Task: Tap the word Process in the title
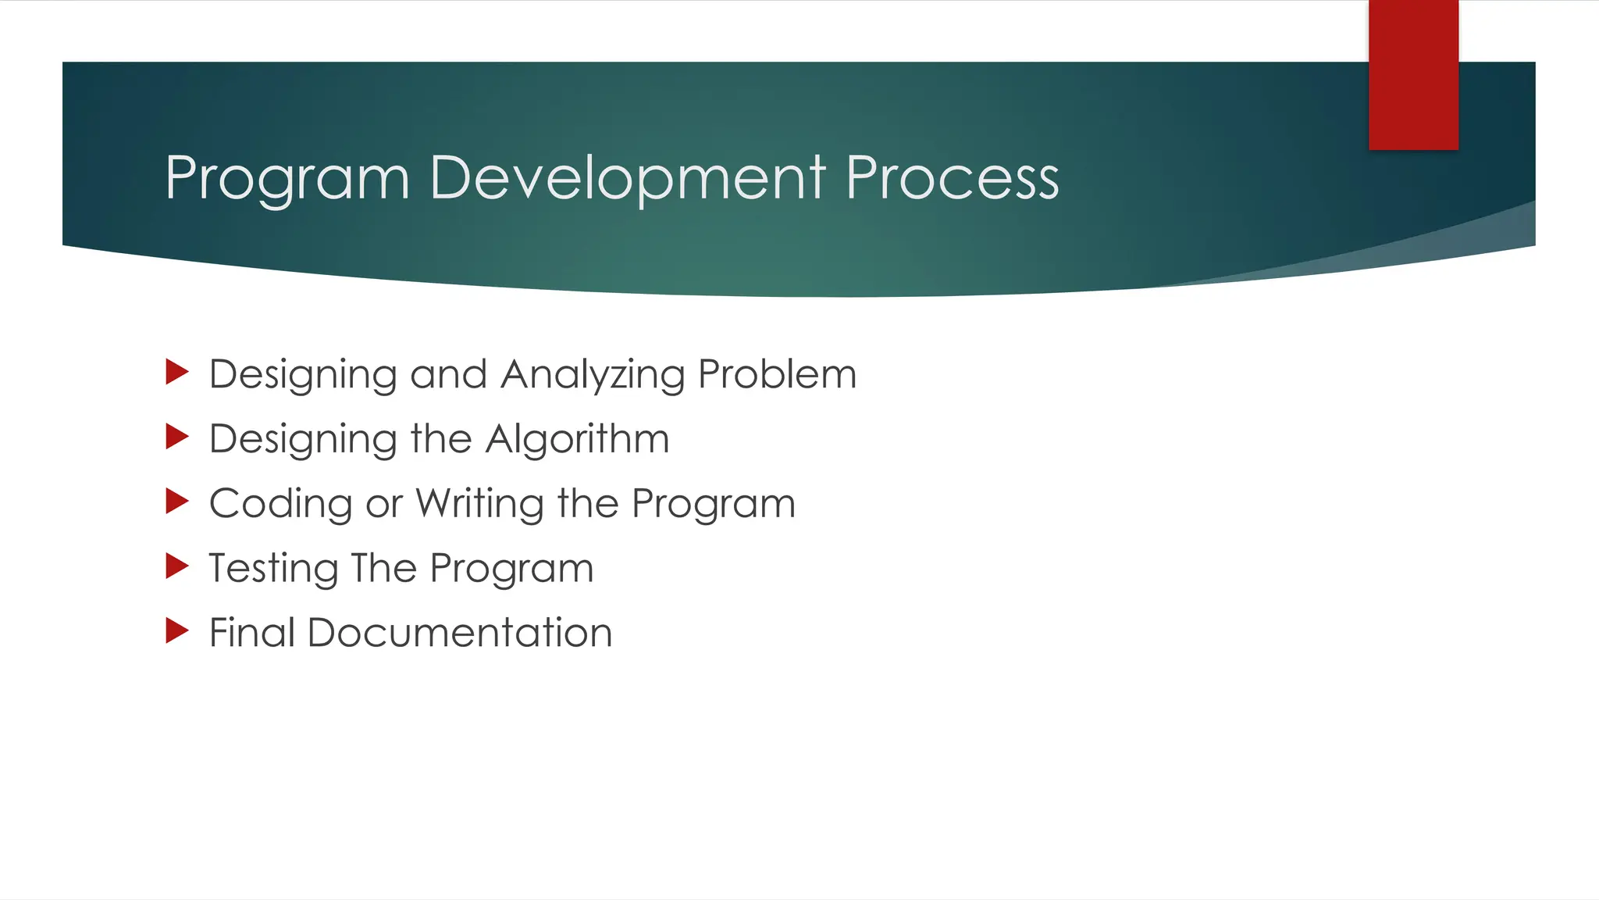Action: [952, 178]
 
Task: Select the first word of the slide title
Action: [287, 178]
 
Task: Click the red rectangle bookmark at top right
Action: [1413, 75]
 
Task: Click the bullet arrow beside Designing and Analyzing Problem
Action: [177, 372]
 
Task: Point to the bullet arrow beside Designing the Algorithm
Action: [177, 437]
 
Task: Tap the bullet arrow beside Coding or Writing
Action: [177, 502]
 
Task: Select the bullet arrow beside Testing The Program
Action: [177, 566]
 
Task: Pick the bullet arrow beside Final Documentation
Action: [177, 630]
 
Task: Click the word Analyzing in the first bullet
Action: [593, 375]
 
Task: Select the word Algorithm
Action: [577, 439]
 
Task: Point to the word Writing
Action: [479, 504]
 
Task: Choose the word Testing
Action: [273, 569]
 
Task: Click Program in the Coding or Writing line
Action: [714, 504]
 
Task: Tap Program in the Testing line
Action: [511, 569]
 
